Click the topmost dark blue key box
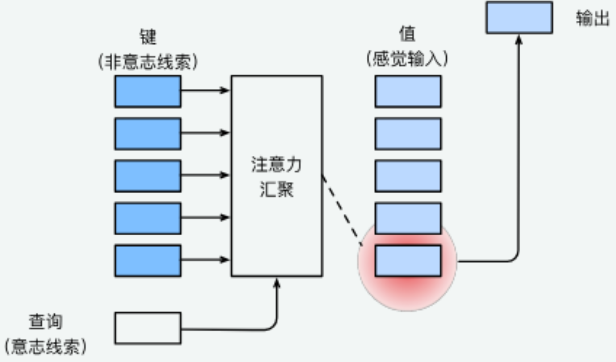point(148,91)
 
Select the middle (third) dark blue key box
point(148,176)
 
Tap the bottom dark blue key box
point(148,260)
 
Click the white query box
point(148,328)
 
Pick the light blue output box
point(519,18)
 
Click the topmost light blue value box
point(408,91)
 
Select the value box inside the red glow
point(408,260)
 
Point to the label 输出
point(593,18)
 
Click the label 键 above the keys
point(148,37)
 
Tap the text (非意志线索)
point(148,62)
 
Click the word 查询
point(46,322)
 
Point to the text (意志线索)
point(46,346)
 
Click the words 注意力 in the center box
point(276,164)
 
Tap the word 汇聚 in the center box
point(276,189)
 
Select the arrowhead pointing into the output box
point(519,40)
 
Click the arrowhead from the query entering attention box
point(277,283)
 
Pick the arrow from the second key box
point(205,133)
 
